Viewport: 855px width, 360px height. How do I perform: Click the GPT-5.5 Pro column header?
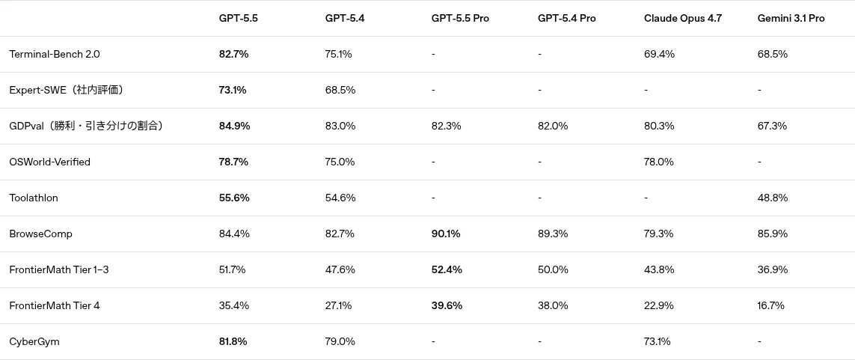point(460,18)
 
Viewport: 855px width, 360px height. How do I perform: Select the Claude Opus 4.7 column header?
point(683,18)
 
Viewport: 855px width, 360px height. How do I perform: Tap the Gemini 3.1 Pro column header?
point(791,18)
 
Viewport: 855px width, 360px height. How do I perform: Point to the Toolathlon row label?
point(33,198)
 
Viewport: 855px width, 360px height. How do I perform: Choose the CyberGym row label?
point(34,342)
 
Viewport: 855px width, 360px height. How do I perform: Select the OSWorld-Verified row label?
point(49,162)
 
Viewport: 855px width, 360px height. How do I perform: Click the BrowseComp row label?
point(41,234)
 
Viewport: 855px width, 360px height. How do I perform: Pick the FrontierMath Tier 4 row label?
point(55,306)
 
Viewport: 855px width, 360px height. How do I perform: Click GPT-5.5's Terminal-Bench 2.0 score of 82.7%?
point(234,54)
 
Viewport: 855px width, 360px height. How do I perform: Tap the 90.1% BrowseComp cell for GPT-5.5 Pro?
point(446,234)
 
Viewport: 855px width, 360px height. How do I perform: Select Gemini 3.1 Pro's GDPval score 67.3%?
point(772,126)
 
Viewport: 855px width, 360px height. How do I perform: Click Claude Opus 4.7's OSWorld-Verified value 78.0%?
point(659,162)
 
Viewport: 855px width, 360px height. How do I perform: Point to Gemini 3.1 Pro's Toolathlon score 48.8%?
point(773,198)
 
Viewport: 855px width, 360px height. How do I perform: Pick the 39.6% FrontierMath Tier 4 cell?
point(447,306)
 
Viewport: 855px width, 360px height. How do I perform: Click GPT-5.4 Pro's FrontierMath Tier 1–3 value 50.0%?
point(553,270)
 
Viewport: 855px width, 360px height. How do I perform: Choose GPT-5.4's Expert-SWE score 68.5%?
point(340,90)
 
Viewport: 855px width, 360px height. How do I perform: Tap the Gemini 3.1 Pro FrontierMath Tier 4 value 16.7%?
point(771,306)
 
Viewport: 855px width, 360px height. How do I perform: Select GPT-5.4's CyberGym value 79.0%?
point(340,342)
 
